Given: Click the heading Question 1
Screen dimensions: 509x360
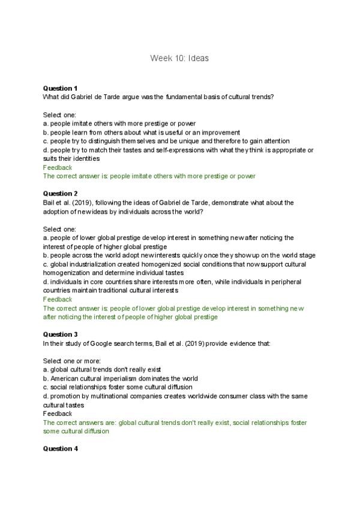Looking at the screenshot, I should point(60,88).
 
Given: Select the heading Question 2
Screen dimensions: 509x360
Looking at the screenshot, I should point(60,193).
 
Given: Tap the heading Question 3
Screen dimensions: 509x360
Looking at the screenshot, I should point(60,334).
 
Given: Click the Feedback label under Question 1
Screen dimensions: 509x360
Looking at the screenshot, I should point(57,167).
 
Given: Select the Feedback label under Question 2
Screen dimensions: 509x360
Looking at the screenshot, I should point(57,299).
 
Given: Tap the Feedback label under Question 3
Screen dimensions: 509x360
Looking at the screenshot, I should point(57,414).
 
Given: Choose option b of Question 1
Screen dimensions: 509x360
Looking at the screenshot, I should point(142,132).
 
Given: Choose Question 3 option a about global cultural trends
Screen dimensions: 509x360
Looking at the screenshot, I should point(101,369).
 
